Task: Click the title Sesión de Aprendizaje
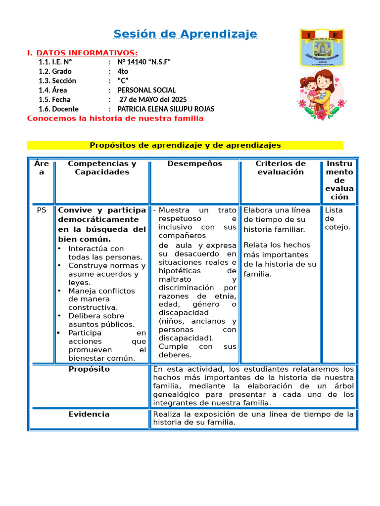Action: (185, 34)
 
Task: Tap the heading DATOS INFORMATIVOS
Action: (87, 53)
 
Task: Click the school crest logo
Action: (322, 47)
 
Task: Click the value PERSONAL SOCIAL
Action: (146, 90)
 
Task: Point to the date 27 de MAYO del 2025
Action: (153, 99)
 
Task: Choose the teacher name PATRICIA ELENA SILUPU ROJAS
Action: (166, 109)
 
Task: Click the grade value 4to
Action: (123, 71)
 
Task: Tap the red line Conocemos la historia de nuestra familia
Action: (115, 119)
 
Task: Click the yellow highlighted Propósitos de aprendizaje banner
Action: (185, 145)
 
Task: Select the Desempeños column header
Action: (194, 164)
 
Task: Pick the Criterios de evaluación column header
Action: (280, 168)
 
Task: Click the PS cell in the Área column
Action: (42, 210)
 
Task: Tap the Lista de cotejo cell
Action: (337, 218)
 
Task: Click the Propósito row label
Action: (89, 369)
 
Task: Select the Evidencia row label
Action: (89, 414)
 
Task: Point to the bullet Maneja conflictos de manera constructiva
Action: (101, 299)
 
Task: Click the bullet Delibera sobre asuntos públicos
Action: (101, 320)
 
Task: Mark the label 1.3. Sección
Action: (57, 81)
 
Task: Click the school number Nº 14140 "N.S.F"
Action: (144, 62)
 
